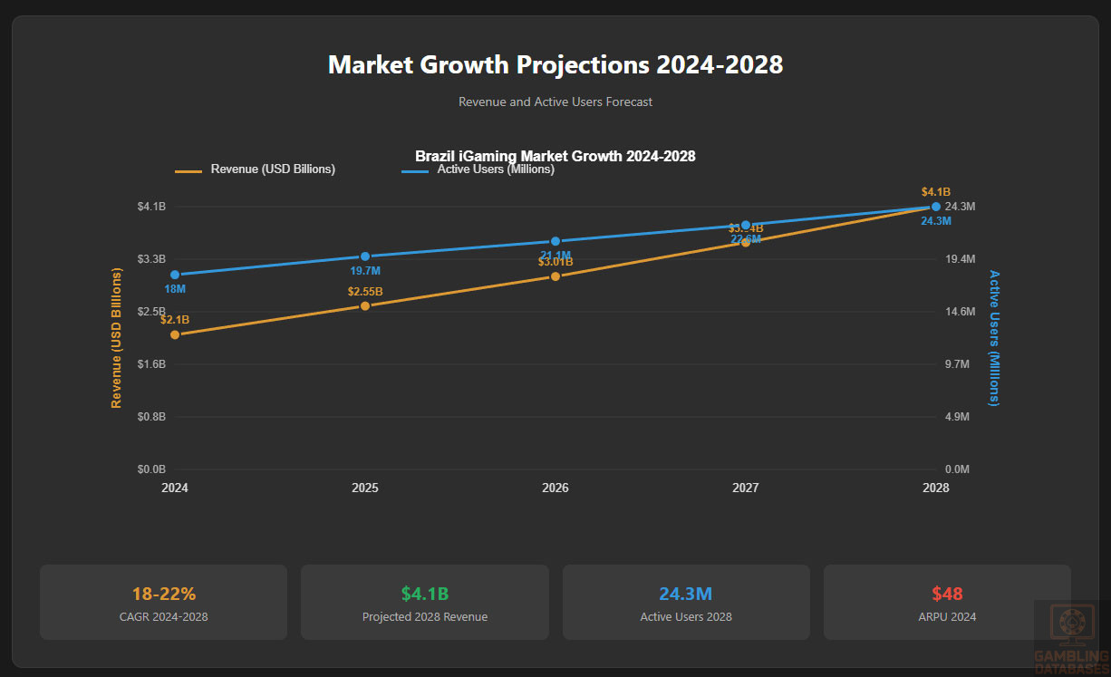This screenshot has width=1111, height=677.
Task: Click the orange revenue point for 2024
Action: click(x=175, y=334)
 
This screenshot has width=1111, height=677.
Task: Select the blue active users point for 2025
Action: click(x=365, y=256)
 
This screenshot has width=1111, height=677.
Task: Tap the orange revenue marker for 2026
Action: click(x=555, y=276)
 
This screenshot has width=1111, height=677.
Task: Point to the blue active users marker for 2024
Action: click(x=175, y=275)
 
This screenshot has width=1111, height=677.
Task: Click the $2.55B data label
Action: click(x=365, y=292)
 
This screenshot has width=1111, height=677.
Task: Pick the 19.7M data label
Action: click(x=365, y=271)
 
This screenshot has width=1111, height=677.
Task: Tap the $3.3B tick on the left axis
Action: click(x=151, y=259)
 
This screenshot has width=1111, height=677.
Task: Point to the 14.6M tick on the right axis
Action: click(x=960, y=312)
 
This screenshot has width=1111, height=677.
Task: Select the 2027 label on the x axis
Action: click(x=746, y=488)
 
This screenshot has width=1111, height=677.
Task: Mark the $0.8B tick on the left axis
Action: click(x=151, y=417)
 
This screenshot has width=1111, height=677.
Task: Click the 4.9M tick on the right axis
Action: click(x=958, y=417)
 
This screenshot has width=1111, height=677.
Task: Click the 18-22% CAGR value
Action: click(x=163, y=595)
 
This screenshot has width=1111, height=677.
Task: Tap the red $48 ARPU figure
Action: click(x=947, y=595)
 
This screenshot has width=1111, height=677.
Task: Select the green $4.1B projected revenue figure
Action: click(x=425, y=595)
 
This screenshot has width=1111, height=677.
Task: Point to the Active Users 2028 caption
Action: click(x=686, y=617)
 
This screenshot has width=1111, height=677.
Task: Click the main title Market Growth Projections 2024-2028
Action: click(x=555, y=65)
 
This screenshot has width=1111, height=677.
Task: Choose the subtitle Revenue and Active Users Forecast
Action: click(x=555, y=102)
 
